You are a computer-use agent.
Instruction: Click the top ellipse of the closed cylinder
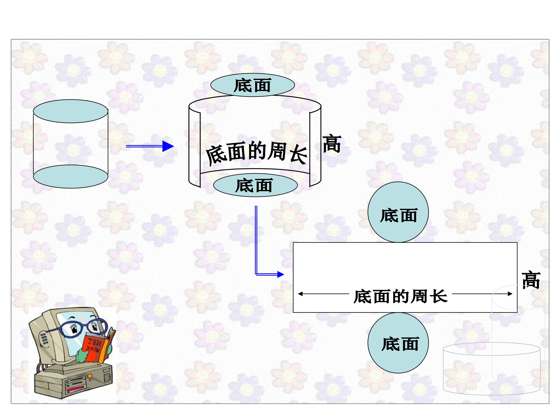71,111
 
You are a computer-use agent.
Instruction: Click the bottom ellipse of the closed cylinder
71,176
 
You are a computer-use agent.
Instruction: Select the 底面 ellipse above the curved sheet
253,85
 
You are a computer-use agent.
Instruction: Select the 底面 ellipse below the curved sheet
255,185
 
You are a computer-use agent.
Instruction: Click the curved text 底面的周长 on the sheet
257,153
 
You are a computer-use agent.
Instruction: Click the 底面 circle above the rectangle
398,212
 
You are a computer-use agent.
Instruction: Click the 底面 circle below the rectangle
398,343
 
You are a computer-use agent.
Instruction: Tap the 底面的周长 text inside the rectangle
401,297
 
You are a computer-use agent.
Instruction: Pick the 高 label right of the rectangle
531,280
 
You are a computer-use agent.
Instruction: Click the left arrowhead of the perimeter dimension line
300,294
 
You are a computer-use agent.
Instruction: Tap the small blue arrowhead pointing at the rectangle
281,274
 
